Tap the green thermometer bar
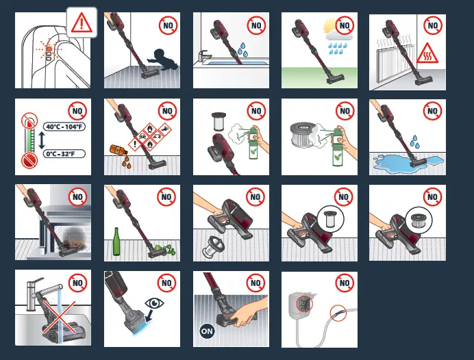pyautogui.click(x=27, y=140)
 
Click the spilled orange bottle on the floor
pyautogui.click(x=117, y=149)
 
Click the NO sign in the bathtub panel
pyautogui.click(x=256, y=26)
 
